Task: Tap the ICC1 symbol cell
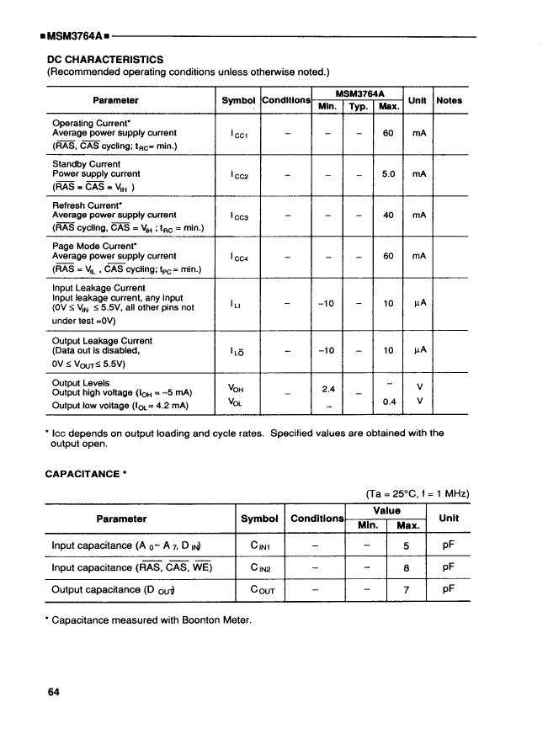239,133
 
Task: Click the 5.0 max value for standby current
388,174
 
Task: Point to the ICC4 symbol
239,256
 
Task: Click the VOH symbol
237,388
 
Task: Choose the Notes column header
450,100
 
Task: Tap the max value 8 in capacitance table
406,567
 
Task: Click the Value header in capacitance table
386,510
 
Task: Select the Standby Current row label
87,164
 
